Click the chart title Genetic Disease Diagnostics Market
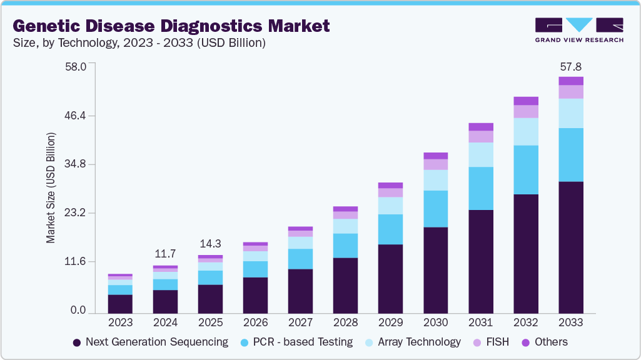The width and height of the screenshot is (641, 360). click(x=170, y=26)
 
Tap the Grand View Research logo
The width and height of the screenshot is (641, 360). click(x=578, y=30)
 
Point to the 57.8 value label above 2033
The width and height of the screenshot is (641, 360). click(x=570, y=67)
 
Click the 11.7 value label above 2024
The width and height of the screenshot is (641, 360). click(x=165, y=254)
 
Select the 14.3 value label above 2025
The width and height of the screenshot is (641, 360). click(x=210, y=244)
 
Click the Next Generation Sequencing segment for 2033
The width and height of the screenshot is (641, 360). click(x=570, y=247)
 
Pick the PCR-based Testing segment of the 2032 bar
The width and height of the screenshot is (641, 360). click(x=525, y=170)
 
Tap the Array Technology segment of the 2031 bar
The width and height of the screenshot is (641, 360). click(x=480, y=154)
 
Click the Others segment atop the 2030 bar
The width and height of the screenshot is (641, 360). click(x=435, y=156)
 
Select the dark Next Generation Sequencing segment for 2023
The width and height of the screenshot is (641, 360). click(x=120, y=303)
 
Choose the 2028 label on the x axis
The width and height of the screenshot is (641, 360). click(x=345, y=322)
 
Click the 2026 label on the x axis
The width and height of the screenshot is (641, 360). click(x=255, y=322)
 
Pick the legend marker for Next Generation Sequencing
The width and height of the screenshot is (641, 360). click(x=77, y=342)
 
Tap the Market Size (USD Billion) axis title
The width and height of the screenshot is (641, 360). click(x=51, y=187)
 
